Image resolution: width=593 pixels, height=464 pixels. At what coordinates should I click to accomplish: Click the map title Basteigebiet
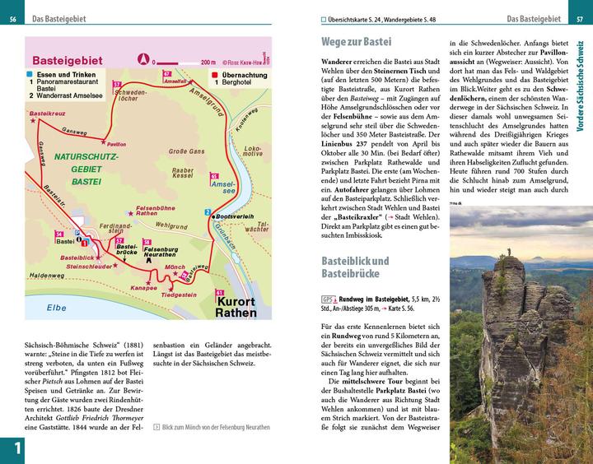[79, 60]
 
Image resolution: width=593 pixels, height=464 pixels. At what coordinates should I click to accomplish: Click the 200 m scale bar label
[208, 61]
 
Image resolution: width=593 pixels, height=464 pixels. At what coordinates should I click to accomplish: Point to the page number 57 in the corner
[580, 19]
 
